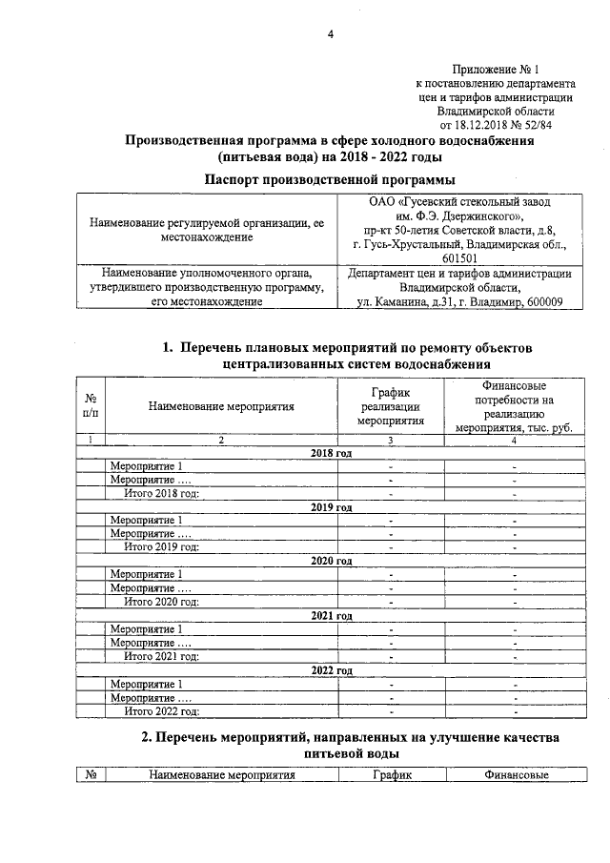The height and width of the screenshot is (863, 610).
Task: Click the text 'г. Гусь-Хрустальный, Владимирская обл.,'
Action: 458,244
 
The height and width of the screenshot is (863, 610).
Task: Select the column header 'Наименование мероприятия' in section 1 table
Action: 221,406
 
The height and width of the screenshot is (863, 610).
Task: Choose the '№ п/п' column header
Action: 91,406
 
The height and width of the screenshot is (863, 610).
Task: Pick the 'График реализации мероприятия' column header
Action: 391,406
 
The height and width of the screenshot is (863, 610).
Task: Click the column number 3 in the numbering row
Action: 391,440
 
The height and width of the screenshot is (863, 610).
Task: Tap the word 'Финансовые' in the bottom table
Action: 516,775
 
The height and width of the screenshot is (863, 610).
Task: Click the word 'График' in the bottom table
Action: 391,775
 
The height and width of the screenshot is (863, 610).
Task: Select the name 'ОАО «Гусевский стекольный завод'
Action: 458,202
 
